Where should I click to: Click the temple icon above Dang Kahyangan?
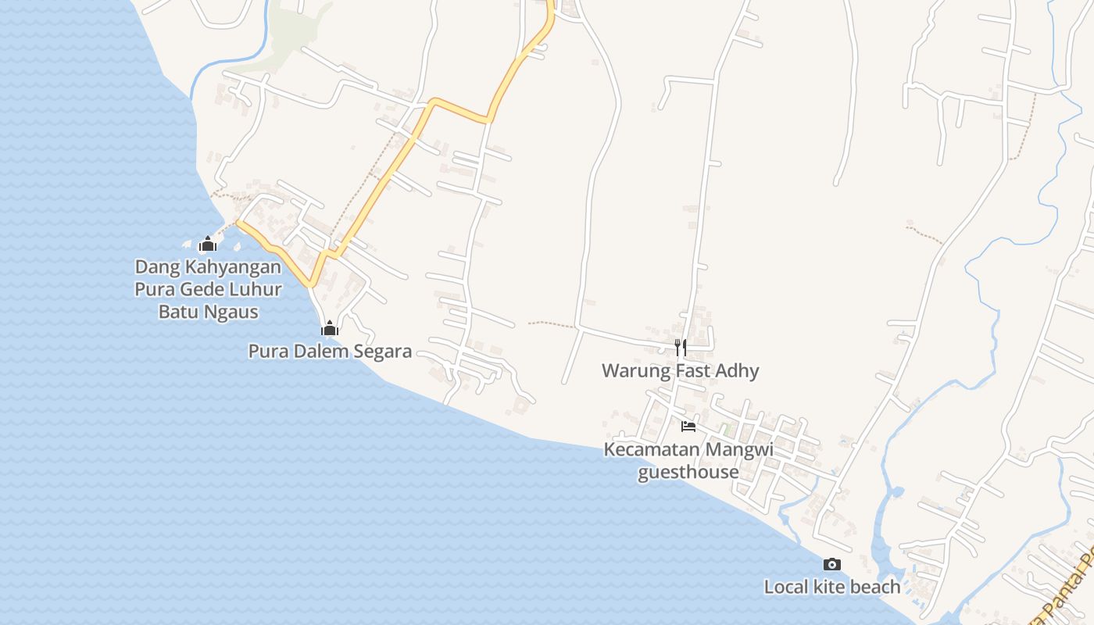click(x=207, y=245)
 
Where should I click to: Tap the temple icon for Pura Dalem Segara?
click(x=330, y=328)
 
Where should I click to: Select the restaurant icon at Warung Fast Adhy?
click(x=681, y=347)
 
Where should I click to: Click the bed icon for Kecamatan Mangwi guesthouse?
click(x=688, y=426)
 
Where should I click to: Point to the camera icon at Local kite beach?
click(x=832, y=564)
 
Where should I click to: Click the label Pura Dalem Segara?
click(x=330, y=351)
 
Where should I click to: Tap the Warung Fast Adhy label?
click(x=680, y=370)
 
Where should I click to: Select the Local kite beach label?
click(x=832, y=586)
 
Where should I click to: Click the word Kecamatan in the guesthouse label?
click(x=652, y=450)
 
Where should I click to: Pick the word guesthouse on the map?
click(x=688, y=472)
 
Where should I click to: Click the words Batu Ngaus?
click(x=208, y=312)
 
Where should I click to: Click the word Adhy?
click(x=738, y=370)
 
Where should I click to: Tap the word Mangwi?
click(x=739, y=450)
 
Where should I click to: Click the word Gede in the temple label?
click(x=202, y=289)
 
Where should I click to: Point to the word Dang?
click(x=152, y=266)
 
